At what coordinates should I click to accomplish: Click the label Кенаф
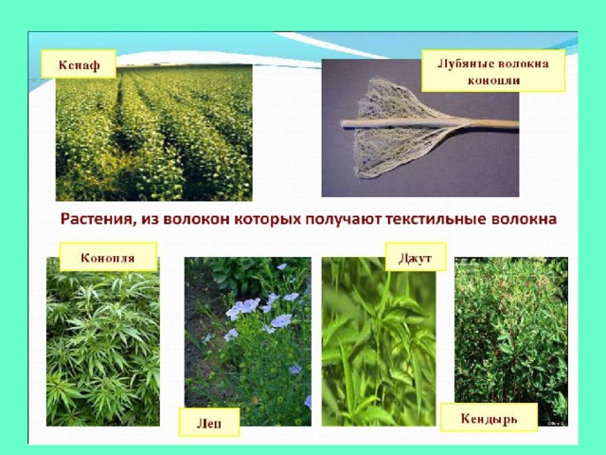click(79, 64)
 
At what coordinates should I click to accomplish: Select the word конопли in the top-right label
click(493, 81)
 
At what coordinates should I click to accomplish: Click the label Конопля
click(108, 257)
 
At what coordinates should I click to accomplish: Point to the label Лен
click(209, 423)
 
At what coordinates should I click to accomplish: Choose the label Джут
click(416, 257)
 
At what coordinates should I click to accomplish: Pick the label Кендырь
click(489, 418)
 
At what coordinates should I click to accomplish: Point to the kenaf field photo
click(153, 133)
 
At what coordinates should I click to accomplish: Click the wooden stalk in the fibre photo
click(429, 124)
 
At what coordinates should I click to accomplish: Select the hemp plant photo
click(103, 341)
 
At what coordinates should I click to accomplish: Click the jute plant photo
click(379, 341)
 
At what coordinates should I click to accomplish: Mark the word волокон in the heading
click(197, 219)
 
